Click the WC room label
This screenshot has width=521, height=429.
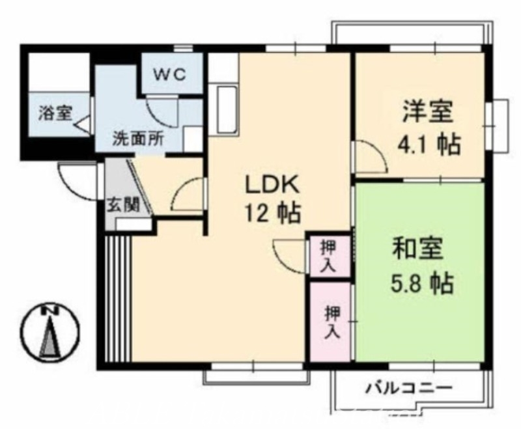170,74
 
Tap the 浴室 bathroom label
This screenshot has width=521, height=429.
54,113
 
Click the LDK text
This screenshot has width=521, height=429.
272,185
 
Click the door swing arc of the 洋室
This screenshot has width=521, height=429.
367,158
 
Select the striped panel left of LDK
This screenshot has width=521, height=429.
118,298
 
